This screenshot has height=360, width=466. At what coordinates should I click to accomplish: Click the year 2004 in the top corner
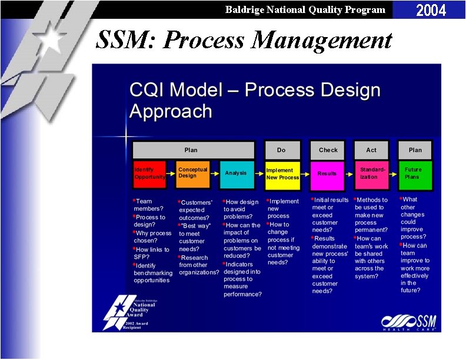(431, 10)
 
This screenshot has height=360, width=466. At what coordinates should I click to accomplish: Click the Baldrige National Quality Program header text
(305, 9)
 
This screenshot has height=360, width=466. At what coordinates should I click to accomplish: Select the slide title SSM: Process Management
(243, 40)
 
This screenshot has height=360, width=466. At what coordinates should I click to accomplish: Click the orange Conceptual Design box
(193, 174)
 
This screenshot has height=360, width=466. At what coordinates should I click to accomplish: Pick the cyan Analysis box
(237, 174)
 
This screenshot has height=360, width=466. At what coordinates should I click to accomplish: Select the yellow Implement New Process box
(282, 174)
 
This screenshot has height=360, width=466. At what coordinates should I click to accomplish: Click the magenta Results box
(327, 174)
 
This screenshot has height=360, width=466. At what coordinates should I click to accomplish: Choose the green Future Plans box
(414, 174)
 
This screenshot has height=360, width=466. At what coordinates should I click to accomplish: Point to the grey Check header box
(327, 150)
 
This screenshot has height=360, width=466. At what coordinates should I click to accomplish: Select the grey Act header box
(371, 150)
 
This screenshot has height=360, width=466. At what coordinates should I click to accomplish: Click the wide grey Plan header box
(193, 150)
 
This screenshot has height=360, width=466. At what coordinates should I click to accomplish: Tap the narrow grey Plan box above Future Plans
(414, 150)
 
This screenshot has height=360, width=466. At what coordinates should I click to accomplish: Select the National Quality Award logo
(130, 311)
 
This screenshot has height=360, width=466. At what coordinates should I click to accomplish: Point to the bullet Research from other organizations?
(198, 265)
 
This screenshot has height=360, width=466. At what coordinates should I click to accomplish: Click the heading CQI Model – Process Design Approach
(255, 101)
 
